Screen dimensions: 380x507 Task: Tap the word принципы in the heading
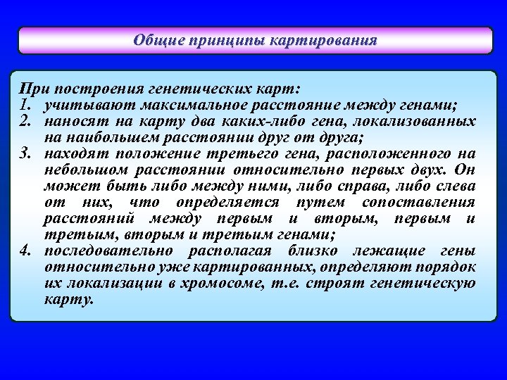click(213, 40)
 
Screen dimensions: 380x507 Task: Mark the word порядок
click(447, 267)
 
